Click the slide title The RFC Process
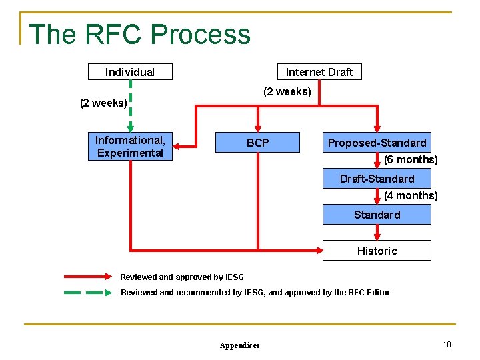click(x=140, y=34)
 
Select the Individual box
click(x=130, y=72)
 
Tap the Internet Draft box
click(x=319, y=72)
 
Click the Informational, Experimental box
click(x=130, y=147)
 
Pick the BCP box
click(x=257, y=143)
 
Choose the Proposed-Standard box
click(x=377, y=143)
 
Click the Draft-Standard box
click(x=377, y=179)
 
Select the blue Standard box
click(x=377, y=215)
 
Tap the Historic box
click(x=377, y=251)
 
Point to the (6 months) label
click(x=411, y=160)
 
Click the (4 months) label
click(x=411, y=196)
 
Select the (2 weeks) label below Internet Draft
click(x=287, y=92)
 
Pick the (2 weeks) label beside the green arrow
click(x=103, y=103)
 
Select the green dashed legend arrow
click(x=88, y=293)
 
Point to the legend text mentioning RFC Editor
click(x=255, y=293)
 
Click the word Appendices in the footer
click(x=239, y=345)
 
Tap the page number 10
click(x=447, y=345)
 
